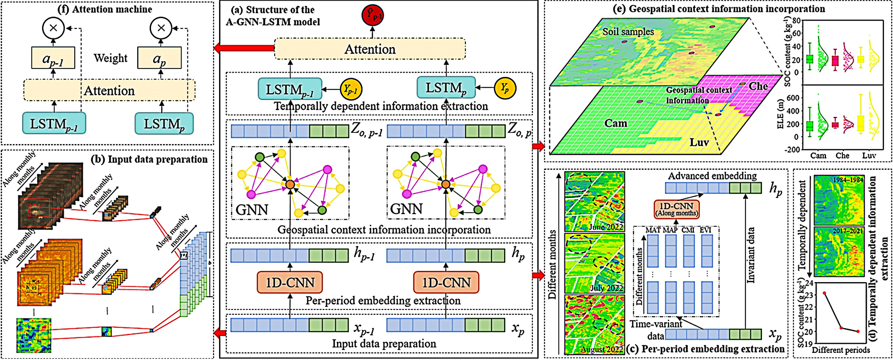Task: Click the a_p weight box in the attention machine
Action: tap(159, 58)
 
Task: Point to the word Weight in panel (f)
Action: tap(111, 58)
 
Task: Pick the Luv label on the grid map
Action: tap(699, 142)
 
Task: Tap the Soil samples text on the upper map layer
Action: tap(628, 32)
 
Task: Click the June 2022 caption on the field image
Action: tap(606, 227)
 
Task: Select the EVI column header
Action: tap(705, 230)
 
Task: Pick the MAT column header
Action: tap(653, 230)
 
